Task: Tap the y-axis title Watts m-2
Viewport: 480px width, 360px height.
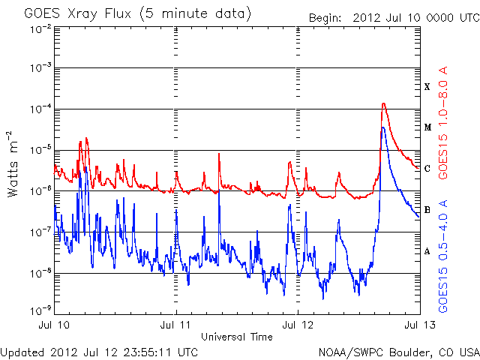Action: point(13,163)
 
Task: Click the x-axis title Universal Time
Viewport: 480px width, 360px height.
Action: point(236,337)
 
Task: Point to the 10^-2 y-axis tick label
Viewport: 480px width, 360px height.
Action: point(40,28)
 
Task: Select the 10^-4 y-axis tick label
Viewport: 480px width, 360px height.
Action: point(40,109)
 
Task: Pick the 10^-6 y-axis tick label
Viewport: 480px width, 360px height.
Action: point(40,190)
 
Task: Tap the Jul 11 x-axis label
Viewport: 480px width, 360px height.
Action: point(176,326)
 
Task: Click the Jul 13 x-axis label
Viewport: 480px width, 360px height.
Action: point(418,326)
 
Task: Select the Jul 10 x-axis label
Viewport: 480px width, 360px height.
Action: point(55,326)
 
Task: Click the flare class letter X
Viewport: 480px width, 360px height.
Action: point(427,87)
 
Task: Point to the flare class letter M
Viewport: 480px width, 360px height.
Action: point(427,127)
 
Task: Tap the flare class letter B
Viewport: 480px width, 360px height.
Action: point(427,210)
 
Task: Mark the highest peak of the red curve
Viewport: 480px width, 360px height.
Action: point(384,103)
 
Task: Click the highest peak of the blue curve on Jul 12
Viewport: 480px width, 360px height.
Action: point(382,127)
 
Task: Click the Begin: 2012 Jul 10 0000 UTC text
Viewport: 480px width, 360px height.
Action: point(392,17)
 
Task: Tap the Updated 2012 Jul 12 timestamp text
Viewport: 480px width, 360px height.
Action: point(100,351)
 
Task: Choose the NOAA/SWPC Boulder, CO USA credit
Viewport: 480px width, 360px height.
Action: point(398,351)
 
